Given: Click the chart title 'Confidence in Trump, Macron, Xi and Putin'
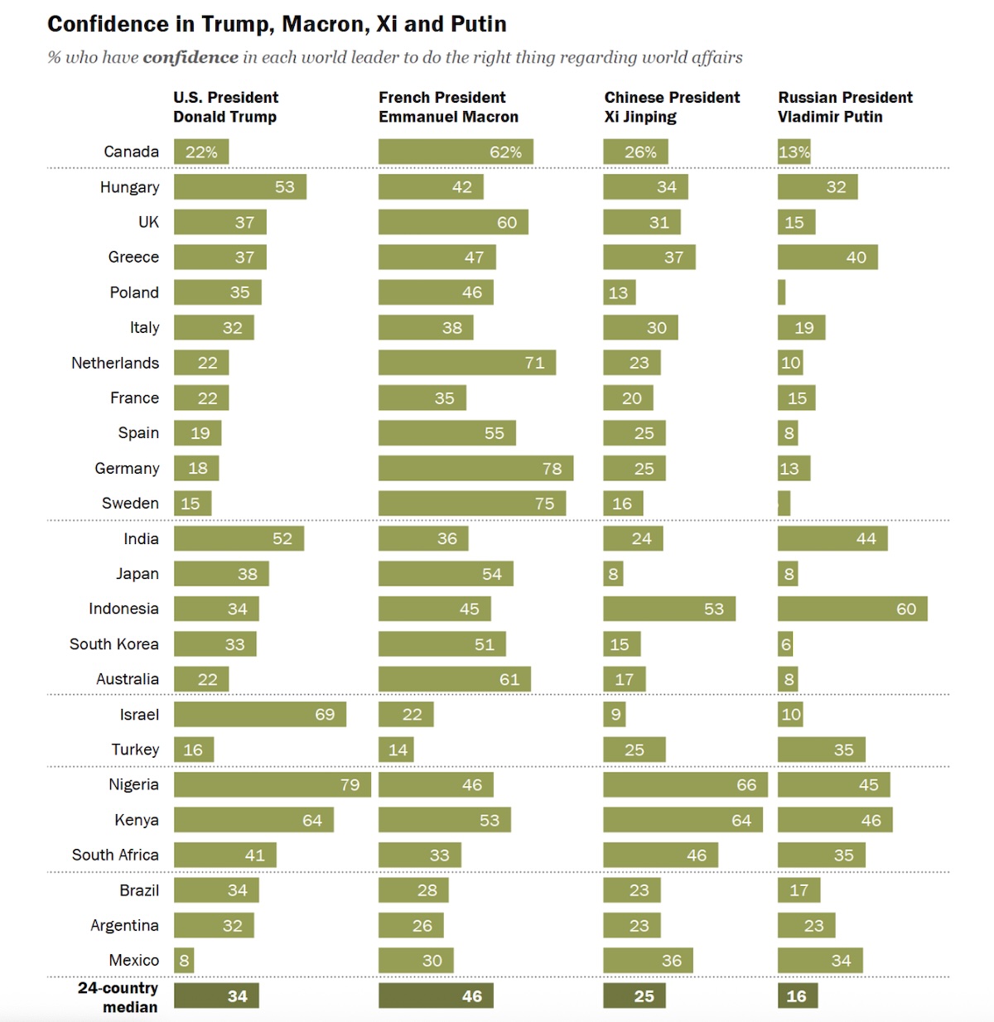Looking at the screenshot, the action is pyautogui.click(x=277, y=24).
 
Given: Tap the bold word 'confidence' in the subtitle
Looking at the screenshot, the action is pyautogui.click(x=191, y=57).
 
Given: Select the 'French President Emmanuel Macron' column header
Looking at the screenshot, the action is pyautogui.click(x=448, y=107).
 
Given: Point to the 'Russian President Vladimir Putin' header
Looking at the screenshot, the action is pyautogui.click(x=845, y=107).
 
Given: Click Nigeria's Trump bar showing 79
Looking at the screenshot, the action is pyautogui.click(x=273, y=784).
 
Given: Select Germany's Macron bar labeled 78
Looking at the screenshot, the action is pyautogui.click(x=475, y=468).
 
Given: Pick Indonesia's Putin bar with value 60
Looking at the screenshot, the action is pyautogui.click(x=852, y=609).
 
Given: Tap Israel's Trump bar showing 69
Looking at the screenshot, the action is pyautogui.click(x=260, y=714).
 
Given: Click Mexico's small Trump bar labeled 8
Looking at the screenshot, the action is pyautogui.click(x=184, y=960).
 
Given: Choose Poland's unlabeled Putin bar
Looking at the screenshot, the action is pyautogui.click(x=781, y=292).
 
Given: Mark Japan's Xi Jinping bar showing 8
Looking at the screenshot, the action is pyautogui.click(x=613, y=573).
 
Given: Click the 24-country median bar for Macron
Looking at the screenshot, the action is pyautogui.click(x=436, y=995).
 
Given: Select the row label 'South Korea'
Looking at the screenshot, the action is pyautogui.click(x=114, y=644).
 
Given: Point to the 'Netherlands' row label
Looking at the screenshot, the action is pyautogui.click(x=115, y=363).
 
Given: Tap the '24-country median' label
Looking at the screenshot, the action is pyautogui.click(x=118, y=997).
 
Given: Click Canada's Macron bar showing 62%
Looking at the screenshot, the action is pyautogui.click(x=456, y=152).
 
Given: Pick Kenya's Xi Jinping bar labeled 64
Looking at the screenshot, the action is pyautogui.click(x=683, y=820).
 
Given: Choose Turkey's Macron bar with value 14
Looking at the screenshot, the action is pyautogui.click(x=396, y=750).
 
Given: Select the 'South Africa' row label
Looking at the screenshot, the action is pyautogui.click(x=115, y=855).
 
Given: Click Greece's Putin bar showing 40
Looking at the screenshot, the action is pyautogui.click(x=828, y=257).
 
